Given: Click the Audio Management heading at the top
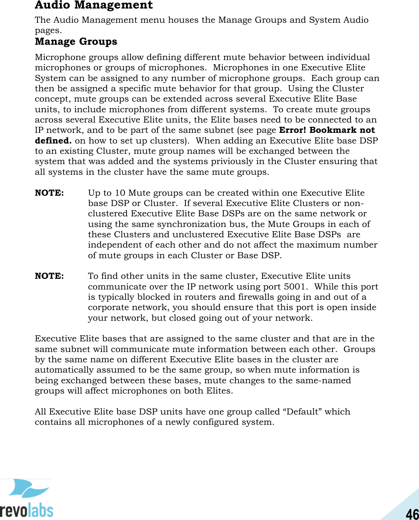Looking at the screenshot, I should click(x=94, y=5).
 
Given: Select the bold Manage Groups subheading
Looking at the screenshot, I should click(x=76, y=42).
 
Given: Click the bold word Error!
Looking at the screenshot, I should click(x=293, y=130).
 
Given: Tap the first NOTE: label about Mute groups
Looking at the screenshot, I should click(x=49, y=193).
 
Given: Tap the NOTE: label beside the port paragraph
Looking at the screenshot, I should click(x=49, y=276).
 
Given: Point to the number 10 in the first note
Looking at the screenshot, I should click(x=120, y=193).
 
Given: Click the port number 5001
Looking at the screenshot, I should click(x=294, y=287).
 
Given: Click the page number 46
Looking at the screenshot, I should click(x=412, y=514).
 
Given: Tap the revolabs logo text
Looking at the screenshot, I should click(x=27, y=510).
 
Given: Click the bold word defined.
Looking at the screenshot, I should click(x=53, y=141).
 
